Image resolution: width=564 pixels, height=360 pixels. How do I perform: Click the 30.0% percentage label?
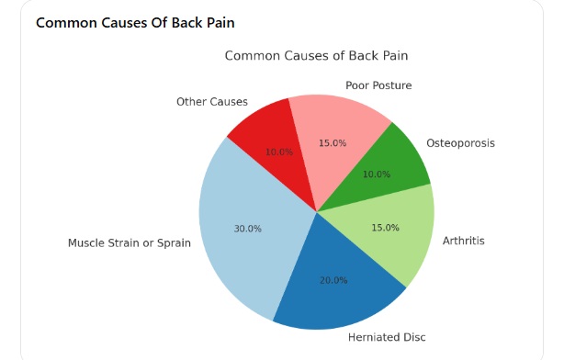[x=248, y=229]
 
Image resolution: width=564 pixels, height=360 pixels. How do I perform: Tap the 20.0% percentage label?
[x=333, y=280]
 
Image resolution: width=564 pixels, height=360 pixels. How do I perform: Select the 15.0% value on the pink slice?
[x=333, y=143]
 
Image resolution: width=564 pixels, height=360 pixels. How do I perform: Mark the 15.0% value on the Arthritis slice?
[x=385, y=228]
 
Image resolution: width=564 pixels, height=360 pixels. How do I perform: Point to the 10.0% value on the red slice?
[x=279, y=152]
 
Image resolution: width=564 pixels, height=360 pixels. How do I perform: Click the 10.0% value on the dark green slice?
[x=377, y=174]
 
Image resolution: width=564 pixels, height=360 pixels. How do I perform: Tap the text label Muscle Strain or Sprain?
[x=130, y=243]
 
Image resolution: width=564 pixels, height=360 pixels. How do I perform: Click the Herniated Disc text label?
[x=387, y=337]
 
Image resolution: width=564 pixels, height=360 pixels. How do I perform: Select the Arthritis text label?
[x=464, y=241]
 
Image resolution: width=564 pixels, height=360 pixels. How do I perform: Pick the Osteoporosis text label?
[x=461, y=143]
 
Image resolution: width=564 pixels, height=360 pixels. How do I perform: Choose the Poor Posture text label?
[x=378, y=85]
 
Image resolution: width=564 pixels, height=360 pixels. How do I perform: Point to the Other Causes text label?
[x=212, y=102]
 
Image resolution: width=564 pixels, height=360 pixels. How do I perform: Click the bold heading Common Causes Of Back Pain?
[x=135, y=23]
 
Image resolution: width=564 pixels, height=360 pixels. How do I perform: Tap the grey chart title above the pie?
[x=317, y=56]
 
